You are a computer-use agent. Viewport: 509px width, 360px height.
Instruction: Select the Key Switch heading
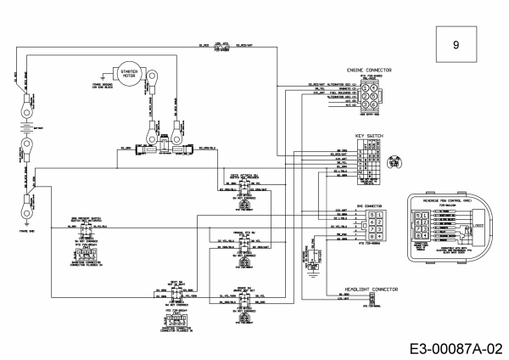(x=370, y=135)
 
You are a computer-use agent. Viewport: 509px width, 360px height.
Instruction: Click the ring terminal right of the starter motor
(x=176, y=109)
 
